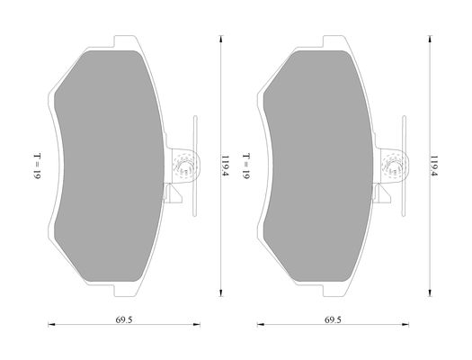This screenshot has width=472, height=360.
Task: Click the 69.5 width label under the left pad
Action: click(124, 319)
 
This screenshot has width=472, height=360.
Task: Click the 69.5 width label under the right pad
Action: click(333, 319)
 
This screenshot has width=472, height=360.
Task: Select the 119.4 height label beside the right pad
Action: click(433, 166)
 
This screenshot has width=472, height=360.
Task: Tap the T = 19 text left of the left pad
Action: click(37, 166)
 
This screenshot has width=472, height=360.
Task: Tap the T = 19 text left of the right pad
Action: click(246, 166)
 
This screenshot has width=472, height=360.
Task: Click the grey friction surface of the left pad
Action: click(110, 166)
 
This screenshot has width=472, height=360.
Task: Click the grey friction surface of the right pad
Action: click(319, 166)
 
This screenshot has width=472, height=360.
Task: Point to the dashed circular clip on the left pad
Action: click(184, 166)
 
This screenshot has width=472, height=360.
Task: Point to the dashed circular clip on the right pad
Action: click(394, 166)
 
